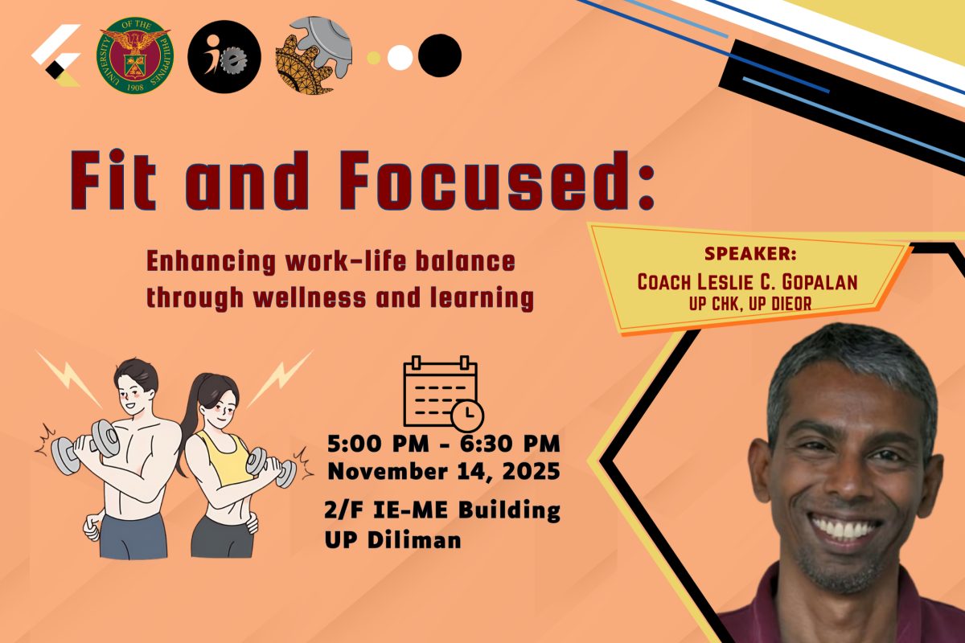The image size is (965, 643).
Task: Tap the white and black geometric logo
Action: [55, 55]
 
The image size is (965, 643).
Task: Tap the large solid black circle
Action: [440, 55]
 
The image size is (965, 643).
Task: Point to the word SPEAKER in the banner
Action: [749, 255]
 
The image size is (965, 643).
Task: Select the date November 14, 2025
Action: [443, 472]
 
